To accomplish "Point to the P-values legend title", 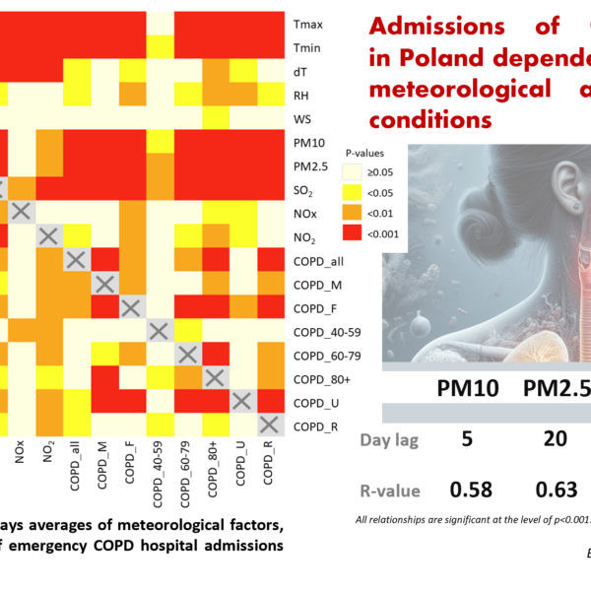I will click(x=365, y=154).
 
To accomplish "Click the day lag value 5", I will click(x=467, y=438).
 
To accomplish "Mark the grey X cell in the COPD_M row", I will click(x=102, y=285).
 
